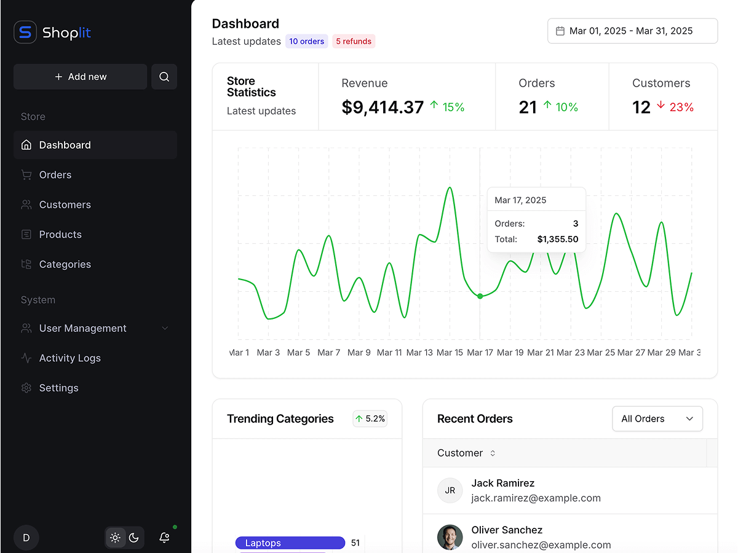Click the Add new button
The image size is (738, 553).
pyautogui.click(x=81, y=77)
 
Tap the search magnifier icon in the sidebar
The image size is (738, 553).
pyautogui.click(x=164, y=77)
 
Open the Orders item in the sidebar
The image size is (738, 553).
pyautogui.click(x=55, y=175)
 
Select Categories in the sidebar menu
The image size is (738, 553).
pyautogui.click(x=65, y=264)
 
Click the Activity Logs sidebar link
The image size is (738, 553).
pyautogui.click(x=69, y=358)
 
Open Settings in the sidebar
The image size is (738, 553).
pyautogui.click(x=58, y=388)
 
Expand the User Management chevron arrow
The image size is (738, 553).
pyautogui.click(x=165, y=328)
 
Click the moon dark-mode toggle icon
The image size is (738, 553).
pyautogui.click(x=134, y=538)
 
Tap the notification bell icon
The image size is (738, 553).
pyautogui.click(x=164, y=538)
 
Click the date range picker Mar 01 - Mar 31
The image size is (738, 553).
pyautogui.click(x=632, y=31)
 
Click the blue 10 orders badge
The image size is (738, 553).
pyautogui.click(x=306, y=42)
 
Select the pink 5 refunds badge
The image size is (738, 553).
pyautogui.click(x=354, y=42)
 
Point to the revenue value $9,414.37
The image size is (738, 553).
pyautogui.click(x=383, y=108)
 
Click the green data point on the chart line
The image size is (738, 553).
pyautogui.click(x=480, y=296)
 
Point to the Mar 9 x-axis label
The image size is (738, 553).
pyautogui.click(x=359, y=353)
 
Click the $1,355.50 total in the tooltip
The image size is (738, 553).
pyautogui.click(x=558, y=239)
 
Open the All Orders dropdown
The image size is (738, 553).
pyautogui.click(x=657, y=419)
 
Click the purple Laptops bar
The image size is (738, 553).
pyautogui.click(x=290, y=543)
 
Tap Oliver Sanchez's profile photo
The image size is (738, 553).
pyautogui.click(x=450, y=538)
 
